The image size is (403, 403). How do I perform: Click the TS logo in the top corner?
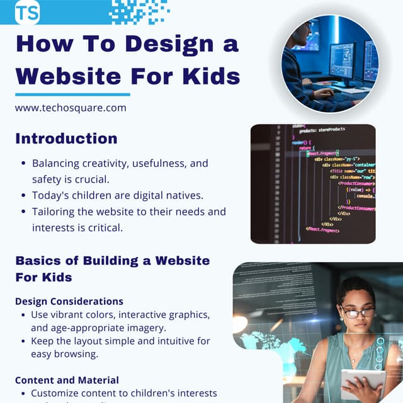(26, 12)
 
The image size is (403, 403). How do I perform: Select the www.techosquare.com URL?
(71, 108)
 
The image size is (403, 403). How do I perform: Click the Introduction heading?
(66, 139)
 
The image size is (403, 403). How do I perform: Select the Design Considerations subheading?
(69, 302)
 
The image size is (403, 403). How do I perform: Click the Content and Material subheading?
(67, 380)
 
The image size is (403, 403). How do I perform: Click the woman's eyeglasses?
(357, 312)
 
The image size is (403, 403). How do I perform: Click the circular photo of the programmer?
(330, 63)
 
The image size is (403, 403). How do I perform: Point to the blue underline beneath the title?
(72, 94)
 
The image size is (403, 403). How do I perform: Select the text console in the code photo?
(365, 196)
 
